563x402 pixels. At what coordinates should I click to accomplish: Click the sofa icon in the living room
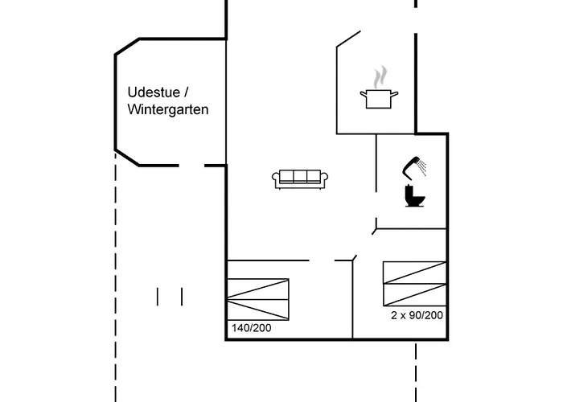click(300, 179)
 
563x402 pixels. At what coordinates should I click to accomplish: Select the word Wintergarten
click(167, 109)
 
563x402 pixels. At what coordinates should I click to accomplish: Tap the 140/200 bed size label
click(250, 328)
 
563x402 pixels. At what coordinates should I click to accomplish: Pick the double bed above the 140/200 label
click(257, 299)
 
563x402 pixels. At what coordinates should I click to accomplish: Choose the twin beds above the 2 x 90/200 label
click(414, 283)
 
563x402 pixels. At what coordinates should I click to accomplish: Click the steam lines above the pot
click(378, 77)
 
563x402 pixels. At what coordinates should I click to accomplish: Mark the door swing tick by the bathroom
click(376, 228)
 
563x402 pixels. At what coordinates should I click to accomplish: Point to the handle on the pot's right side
click(396, 95)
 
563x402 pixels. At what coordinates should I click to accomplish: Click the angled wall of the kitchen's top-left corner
click(348, 39)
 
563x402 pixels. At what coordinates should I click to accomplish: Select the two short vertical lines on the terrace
click(170, 297)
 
